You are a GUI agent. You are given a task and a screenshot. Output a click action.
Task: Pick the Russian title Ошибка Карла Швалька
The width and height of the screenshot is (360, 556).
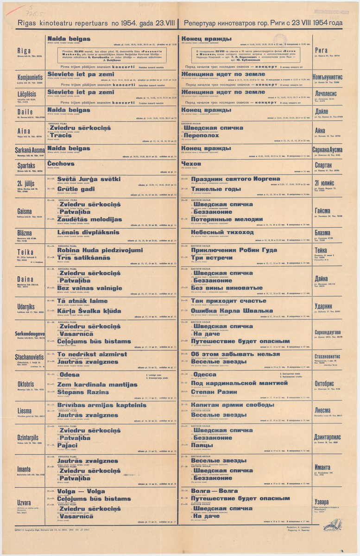(232, 310)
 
